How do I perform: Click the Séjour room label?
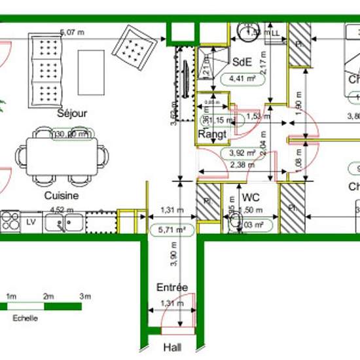[72, 113]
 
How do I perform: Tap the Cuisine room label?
[62, 195]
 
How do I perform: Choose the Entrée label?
[172, 287]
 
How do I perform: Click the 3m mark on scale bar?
[84, 297]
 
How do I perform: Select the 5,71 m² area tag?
[171, 229]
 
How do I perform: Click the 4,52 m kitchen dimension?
[60, 211]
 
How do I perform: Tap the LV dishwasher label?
[30, 222]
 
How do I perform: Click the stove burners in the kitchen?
[10, 221]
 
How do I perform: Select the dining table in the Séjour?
[62, 155]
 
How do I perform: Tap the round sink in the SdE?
[247, 33]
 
